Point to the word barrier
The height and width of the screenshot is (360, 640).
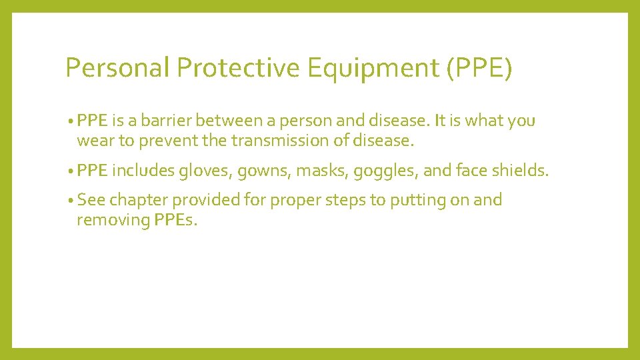[x=173, y=121]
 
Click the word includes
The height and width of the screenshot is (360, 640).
[x=142, y=171]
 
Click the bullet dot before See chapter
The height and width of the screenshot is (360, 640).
[x=70, y=201]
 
